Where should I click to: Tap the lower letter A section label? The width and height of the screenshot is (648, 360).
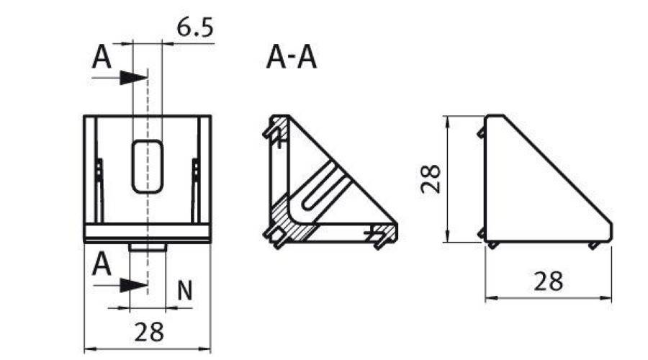(x=102, y=266)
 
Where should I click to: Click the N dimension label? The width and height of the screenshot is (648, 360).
(x=185, y=291)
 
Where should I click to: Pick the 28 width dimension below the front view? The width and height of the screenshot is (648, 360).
(x=149, y=332)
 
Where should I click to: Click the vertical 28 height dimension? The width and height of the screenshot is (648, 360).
(x=431, y=179)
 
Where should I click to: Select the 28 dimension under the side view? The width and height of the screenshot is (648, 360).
(x=548, y=281)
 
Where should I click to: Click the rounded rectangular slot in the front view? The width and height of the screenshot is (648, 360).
(x=147, y=166)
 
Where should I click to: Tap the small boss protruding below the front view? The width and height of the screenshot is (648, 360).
(x=148, y=247)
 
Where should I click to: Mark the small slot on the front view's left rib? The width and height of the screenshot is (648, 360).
(x=99, y=170)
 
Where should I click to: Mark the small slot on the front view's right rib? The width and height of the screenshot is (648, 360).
(x=195, y=170)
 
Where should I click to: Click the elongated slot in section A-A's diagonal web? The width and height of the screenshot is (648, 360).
(x=322, y=189)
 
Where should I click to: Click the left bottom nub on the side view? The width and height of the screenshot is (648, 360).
(x=493, y=246)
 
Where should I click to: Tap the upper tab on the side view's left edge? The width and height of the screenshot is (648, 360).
(x=480, y=132)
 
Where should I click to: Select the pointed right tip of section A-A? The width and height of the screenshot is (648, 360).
(x=395, y=229)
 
